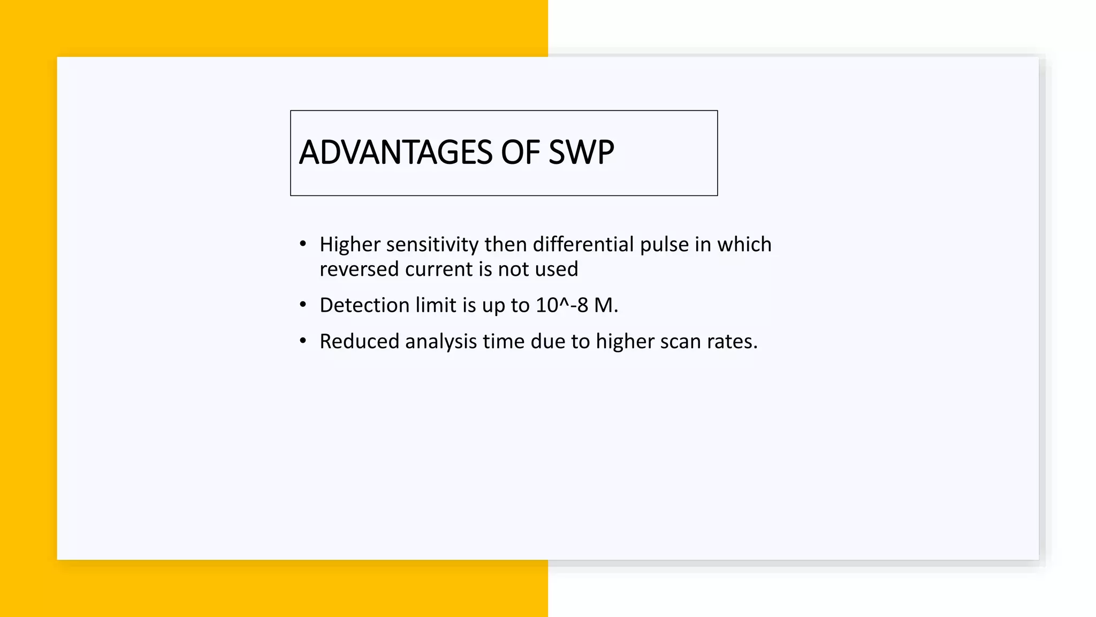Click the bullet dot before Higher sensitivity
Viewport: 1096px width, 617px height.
tap(303, 244)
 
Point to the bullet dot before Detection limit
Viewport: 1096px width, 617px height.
tap(303, 305)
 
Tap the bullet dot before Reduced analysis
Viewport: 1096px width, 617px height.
tap(303, 341)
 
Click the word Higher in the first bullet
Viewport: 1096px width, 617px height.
tap(349, 245)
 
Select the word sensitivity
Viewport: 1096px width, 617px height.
tap(432, 245)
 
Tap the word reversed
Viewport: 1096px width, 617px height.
tap(359, 269)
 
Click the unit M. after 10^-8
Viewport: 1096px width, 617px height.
tap(606, 305)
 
